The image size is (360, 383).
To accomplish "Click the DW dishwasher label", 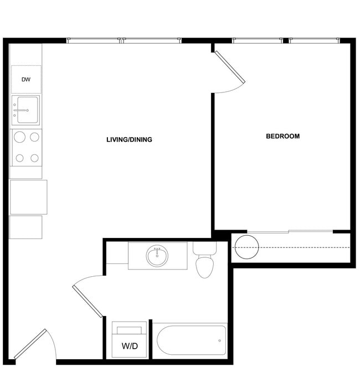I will [x=26, y=80].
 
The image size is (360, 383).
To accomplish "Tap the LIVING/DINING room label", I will [x=129, y=139].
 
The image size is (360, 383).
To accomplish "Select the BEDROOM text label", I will [x=282, y=136].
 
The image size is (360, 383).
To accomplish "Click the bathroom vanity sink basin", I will [x=157, y=256].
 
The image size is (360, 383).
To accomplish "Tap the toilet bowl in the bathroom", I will [x=204, y=267].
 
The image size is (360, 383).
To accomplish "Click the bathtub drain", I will [x=220, y=340].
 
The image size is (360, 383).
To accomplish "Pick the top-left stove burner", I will [x=19, y=136].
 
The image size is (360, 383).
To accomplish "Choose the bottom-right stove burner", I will [x=34, y=158].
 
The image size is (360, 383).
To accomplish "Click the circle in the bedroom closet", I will [x=246, y=246].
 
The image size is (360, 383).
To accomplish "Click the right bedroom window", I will [x=314, y=40].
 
